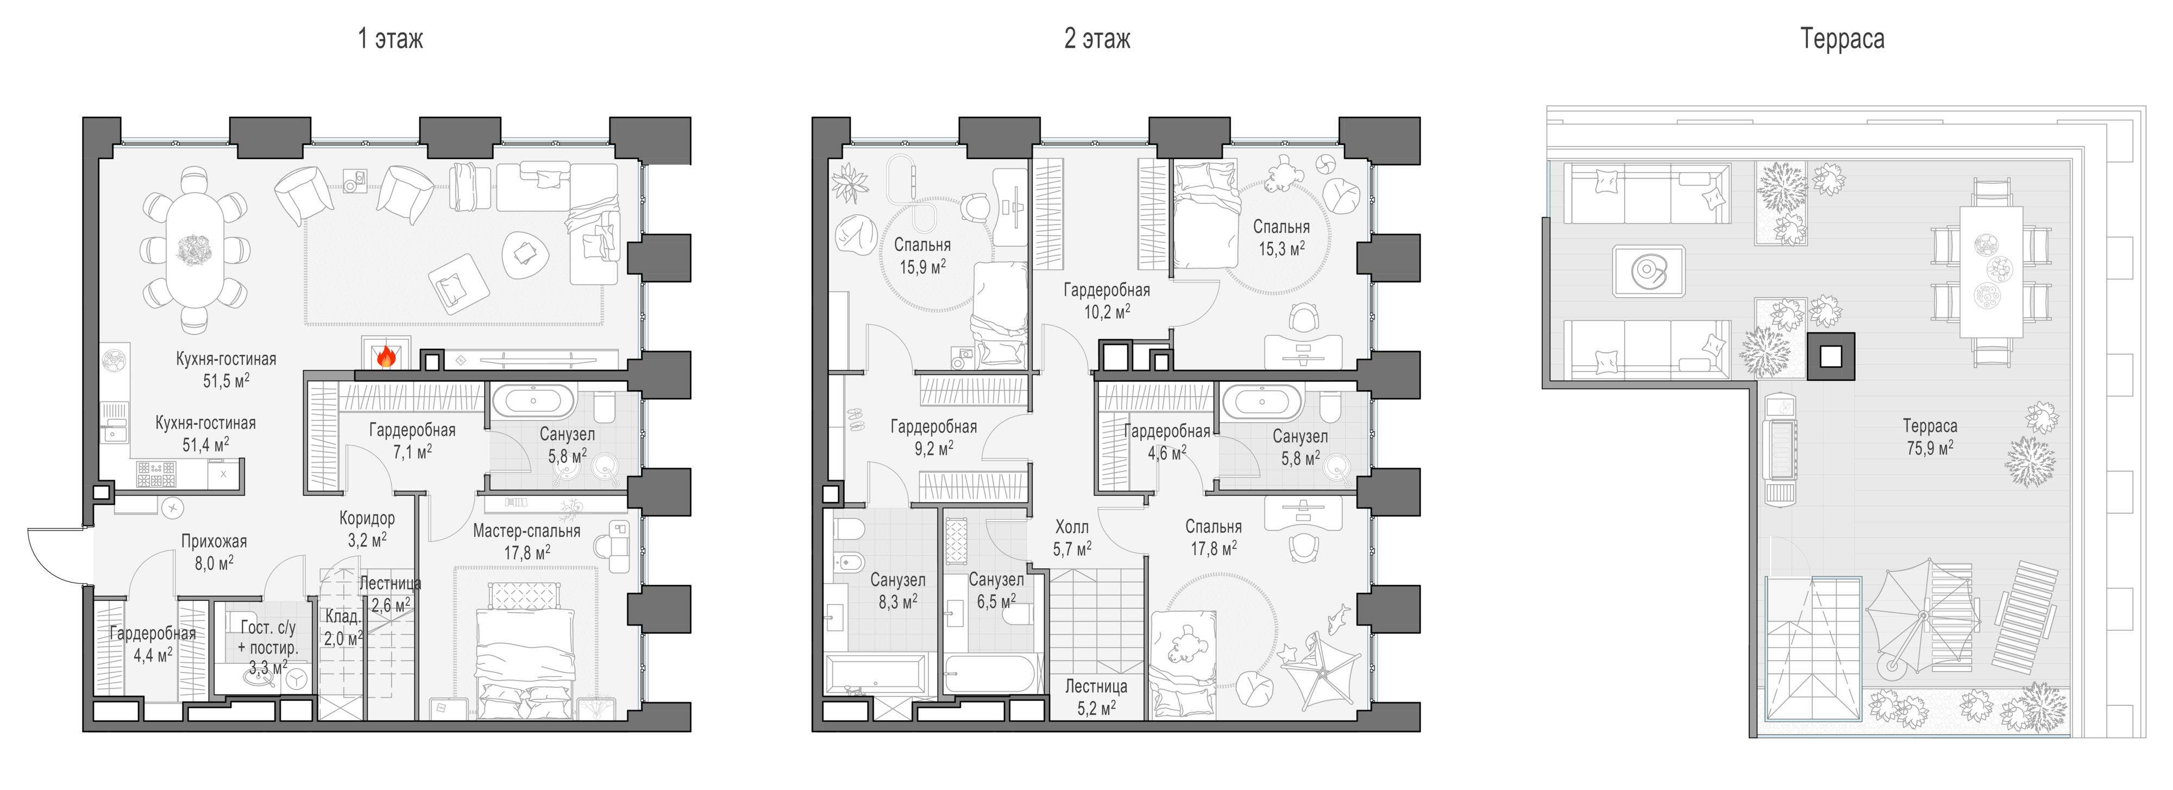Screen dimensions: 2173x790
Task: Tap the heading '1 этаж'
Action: (x=391, y=39)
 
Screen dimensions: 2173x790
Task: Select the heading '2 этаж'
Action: (x=1097, y=39)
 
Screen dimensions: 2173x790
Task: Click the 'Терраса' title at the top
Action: (x=1842, y=39)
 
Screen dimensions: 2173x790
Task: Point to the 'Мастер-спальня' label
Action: (x=526, y=531)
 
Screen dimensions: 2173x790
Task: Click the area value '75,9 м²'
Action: (x=1930, y=447)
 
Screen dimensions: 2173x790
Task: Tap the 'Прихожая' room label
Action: (x=214, y=542)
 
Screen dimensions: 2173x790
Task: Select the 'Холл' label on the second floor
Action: (x=1072, y=526)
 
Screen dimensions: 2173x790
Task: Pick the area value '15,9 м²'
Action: (x=922, y=267)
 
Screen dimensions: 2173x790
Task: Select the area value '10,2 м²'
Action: (x=1107, y=311)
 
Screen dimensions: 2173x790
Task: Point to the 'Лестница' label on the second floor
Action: (x=1096, y=687)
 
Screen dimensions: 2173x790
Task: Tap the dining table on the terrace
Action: (x=1991, y=272)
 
